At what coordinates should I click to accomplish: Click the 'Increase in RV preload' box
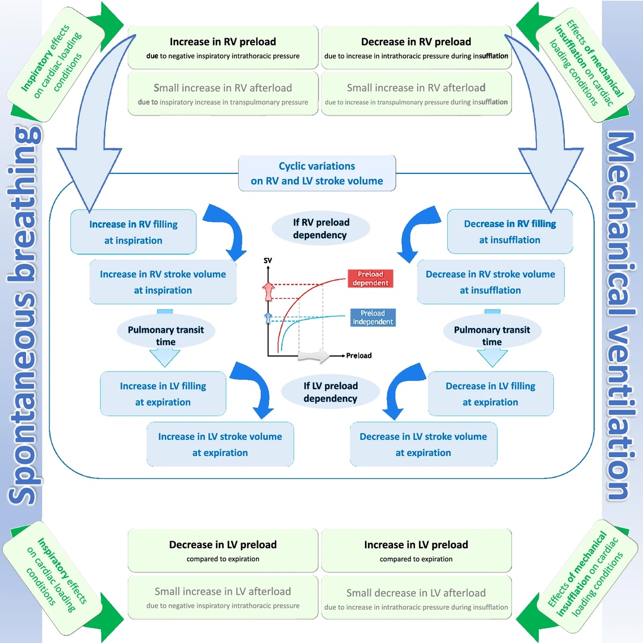(x=223, y=48)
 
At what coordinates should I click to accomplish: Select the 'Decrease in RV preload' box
(x=416, y=48)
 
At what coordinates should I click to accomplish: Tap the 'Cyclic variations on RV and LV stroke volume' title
(x=317, y=173)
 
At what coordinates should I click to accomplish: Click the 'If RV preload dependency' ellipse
(x=320, y=229)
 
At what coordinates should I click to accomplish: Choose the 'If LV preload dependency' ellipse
(x=330, y=392)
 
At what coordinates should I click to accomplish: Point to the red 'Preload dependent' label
(x=370, y=279)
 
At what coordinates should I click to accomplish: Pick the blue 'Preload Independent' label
(x=373, y=317)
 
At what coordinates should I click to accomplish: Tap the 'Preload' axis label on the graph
(x=359, y=355)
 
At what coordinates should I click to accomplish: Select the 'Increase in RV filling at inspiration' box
(x=133, y=232)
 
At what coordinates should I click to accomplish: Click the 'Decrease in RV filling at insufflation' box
(x=510, y=232)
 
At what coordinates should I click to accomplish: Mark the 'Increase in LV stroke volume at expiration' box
(x=220, y=444)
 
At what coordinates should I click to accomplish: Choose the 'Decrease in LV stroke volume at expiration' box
(x=423, y=444)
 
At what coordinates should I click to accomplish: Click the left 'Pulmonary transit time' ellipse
(x=166, y=336)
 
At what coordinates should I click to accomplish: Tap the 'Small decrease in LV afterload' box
(x=416, y=599)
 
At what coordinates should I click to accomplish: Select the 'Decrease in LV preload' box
(x=223, y=550)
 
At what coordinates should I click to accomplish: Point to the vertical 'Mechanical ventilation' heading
(x=619, y=316)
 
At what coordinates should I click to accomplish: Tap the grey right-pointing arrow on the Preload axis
(x=313, y=356)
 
